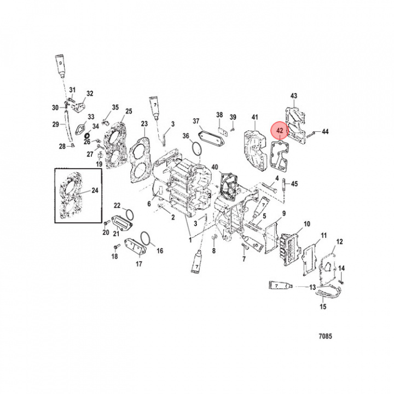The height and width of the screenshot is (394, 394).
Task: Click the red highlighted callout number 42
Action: pyautogui.click(x=280, y=131)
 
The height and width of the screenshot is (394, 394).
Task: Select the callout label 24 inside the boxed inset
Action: pyautogui.click(x=95, y=191)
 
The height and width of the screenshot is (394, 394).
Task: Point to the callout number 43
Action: pyautogui.click(x=294, y=96)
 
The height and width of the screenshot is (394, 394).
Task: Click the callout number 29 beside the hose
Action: pyautogui.click(x=55, y=125)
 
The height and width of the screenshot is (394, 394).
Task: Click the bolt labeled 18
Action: pyautogui.click(x=115, y=247)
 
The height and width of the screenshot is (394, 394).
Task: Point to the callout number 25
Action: pyautogui.click(x=129, y=112)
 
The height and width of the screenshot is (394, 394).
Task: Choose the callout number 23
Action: pyautogui.click(x=144, y=124)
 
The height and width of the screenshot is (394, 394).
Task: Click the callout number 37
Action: pyautogui.click(x=195, y=121)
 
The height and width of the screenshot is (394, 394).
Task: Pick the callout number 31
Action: pyautogui.click(x=72, y=89)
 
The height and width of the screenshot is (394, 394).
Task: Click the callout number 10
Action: pyautogui.click(x=306, y=224)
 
